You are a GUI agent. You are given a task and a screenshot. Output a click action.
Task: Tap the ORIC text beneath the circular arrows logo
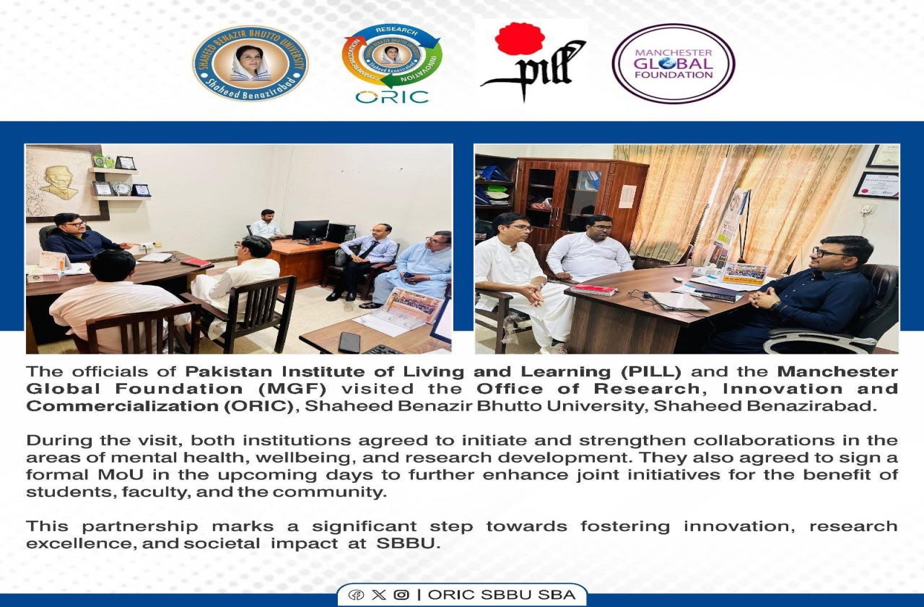click(x=392, y=98)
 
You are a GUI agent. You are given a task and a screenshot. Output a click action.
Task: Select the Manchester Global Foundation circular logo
click(x=673, y=64)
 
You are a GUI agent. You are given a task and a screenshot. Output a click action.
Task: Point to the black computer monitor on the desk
click(x=311, y=231)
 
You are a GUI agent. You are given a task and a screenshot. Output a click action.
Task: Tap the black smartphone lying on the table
click(x=349, y=342)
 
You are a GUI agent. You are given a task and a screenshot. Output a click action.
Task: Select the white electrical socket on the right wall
click(x=866, y=210)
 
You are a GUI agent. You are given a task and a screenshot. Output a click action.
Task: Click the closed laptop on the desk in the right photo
click(x=676, y=301)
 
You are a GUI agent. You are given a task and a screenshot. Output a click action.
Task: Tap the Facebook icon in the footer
click(x=356, y=595)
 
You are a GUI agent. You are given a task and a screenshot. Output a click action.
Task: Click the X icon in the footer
click(x=379, y=595)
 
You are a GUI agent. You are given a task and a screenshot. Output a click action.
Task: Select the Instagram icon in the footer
click(x=401, y=595)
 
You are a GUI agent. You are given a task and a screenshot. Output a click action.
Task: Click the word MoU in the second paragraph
click(x=121, y=475)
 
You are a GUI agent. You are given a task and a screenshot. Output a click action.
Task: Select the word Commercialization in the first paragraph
click(x=122, y=406)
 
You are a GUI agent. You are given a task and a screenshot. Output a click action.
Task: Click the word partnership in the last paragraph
click(x=140, y=527)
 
